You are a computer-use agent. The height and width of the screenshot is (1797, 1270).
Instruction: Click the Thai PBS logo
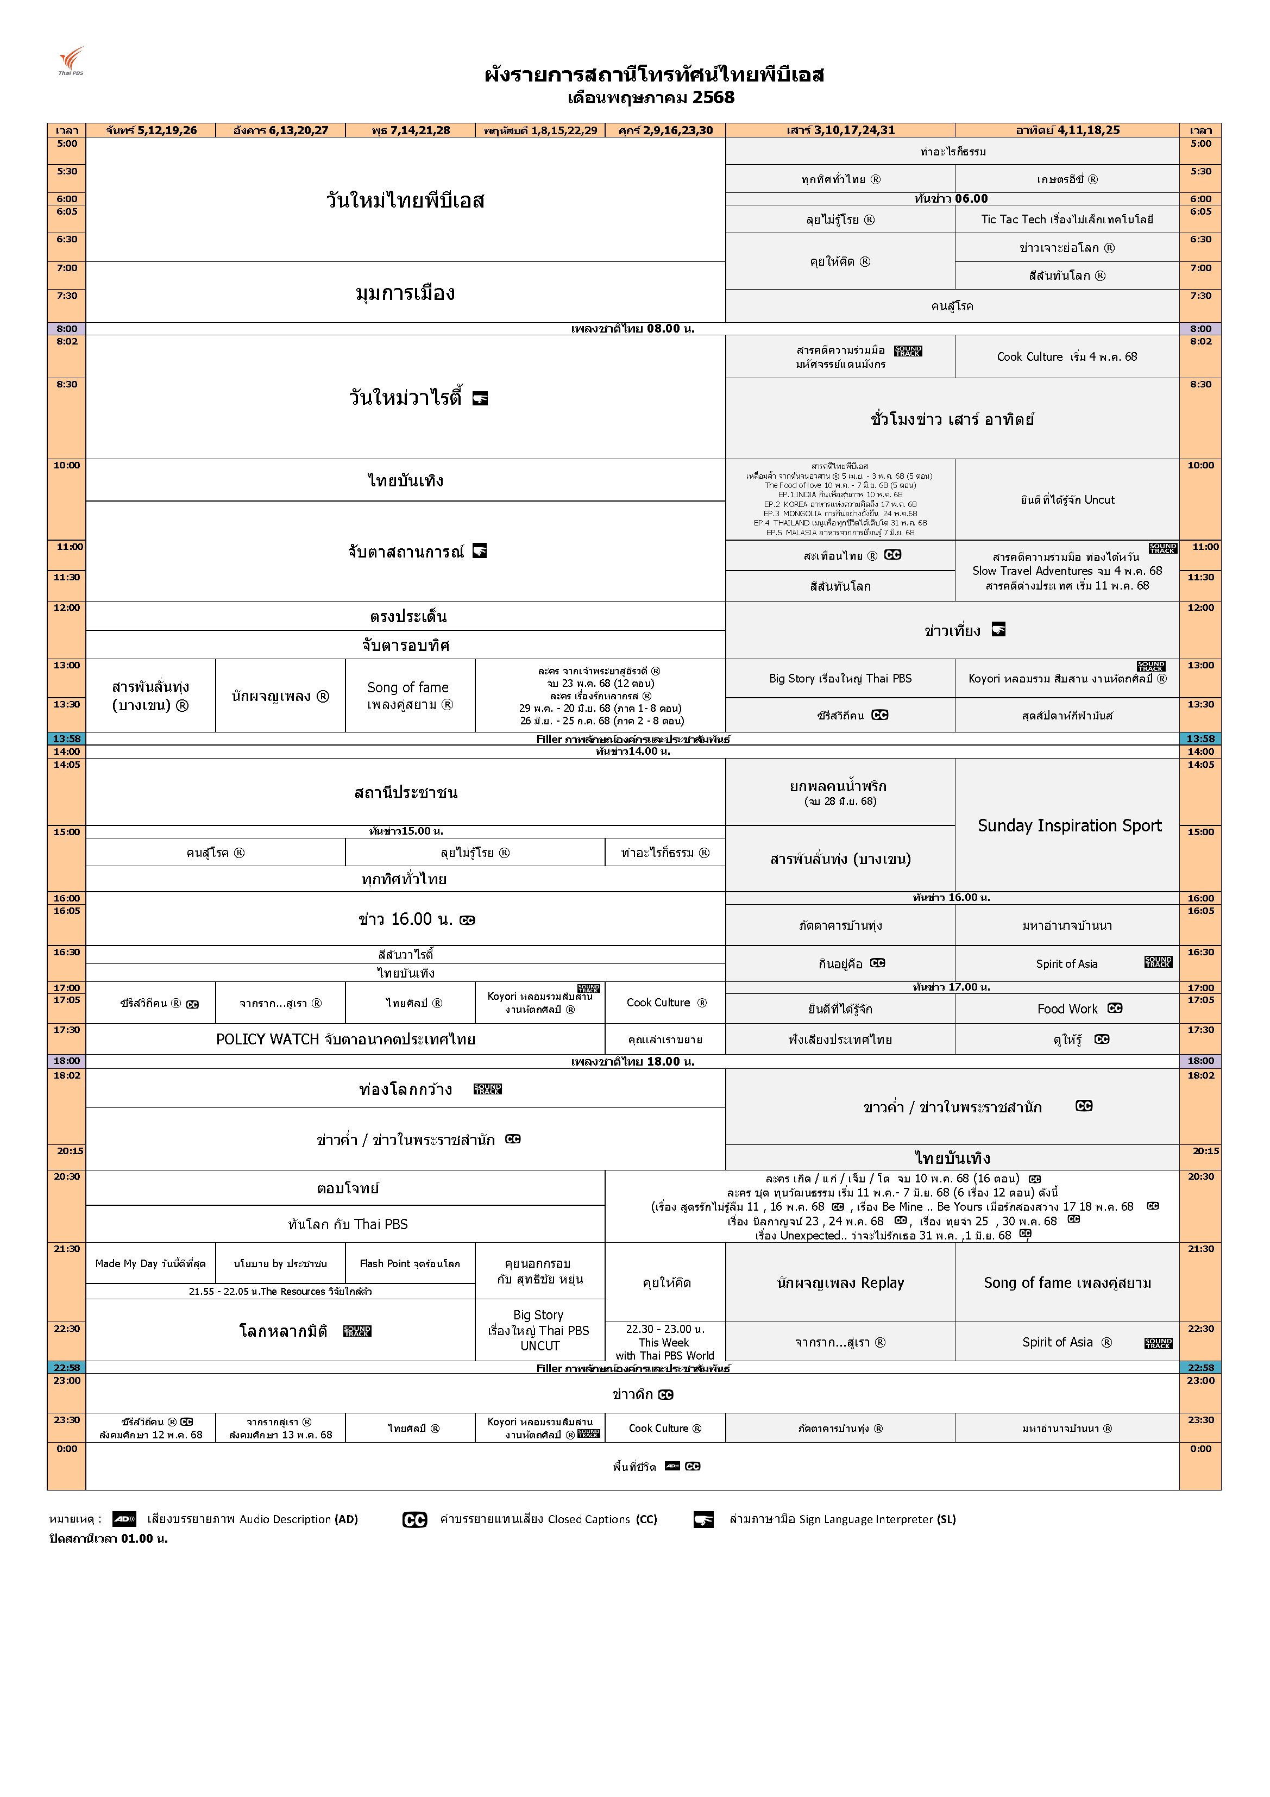pos(71,61)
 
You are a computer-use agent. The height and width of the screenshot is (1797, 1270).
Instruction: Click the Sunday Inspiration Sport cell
pos(1069,826)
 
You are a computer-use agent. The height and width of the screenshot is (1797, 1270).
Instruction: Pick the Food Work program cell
pos(1067,1009)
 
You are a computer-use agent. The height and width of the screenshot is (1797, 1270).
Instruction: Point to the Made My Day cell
pos(150,1263)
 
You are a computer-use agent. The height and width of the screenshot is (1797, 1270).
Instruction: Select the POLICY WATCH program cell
pos(345,1040)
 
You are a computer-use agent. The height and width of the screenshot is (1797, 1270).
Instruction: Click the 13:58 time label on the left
pos(66,739)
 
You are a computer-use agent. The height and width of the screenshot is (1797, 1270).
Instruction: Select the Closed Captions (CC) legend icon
pos(414,1520)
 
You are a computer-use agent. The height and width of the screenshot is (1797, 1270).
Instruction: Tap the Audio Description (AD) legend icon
pos(124,1519)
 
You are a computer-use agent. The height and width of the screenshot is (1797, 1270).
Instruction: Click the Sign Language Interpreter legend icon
pos(703,1520)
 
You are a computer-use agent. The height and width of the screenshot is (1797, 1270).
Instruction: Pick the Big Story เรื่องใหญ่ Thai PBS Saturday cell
pos(840,679)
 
